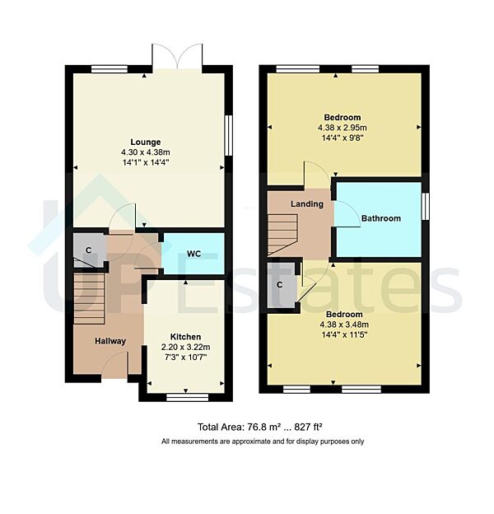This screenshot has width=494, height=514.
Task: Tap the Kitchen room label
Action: pyautogui.click(x=185, y=337)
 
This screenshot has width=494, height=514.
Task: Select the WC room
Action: pyautogui.click(x=193, y=254)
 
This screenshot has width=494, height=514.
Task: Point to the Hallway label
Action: pyautogui.click(x=110, y=341)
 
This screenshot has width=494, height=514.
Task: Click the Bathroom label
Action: pyautogui.click(x=380, y=218)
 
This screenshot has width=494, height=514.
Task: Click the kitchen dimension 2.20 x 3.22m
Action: pyautogui.click(x=185, y=348)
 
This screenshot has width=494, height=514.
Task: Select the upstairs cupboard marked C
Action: pyautogui.click(x=280, y=285)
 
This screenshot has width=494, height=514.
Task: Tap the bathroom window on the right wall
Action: pyautogui.click(x=426, y=206)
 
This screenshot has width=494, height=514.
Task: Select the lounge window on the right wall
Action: pyautogui.click(x=228, y=133)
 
